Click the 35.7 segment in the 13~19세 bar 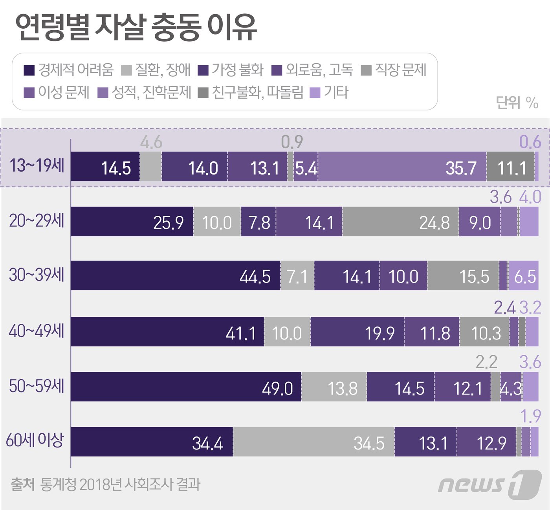(x=402, y=167)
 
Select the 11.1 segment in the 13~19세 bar (x=510, y=167)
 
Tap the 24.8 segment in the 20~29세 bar (x=400, y=222)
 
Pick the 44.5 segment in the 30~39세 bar (x=175, y=276)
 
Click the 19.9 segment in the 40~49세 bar (x=357, y=332)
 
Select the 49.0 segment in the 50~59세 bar (x=186, y=387)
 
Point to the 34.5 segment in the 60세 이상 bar (x=313, y=442)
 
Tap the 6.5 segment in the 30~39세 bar (x=524, y=276)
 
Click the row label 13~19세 (x=37, y=165)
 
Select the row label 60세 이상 (x=35, y=440)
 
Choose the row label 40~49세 (x=37, y=331)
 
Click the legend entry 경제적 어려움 (x=69, y=70)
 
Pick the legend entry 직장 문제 (x=394, y=70)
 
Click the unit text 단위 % (x=517, y=103)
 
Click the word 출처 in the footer (x=23, y=484)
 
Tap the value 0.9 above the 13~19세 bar (x=291, y=142)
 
